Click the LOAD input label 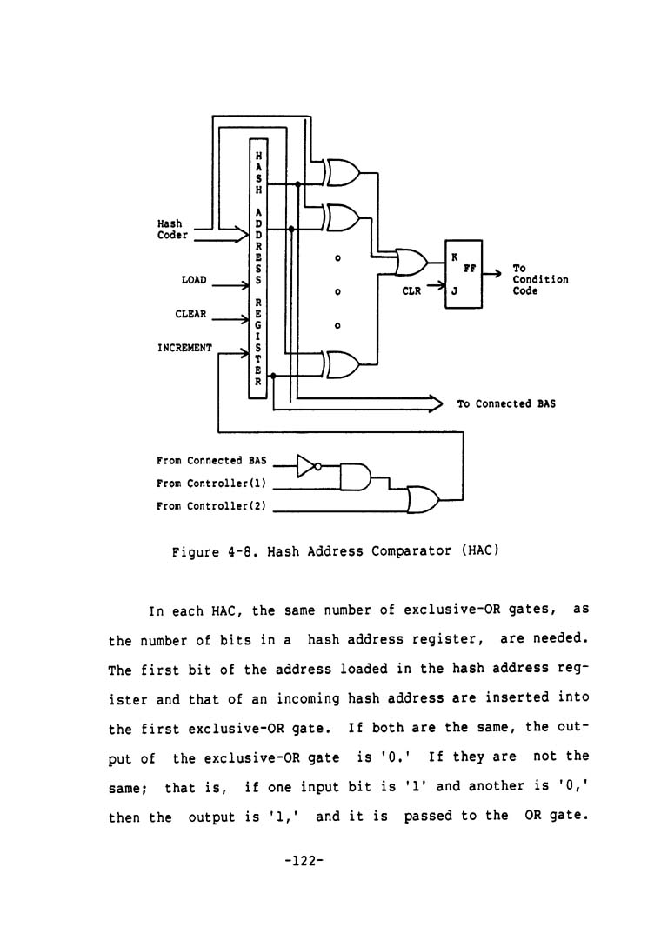[193, 280]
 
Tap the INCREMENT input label [184, 348]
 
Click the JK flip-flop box [464, 273]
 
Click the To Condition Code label [539, 280]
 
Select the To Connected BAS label [506, 403]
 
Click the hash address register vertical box [257, 268]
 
